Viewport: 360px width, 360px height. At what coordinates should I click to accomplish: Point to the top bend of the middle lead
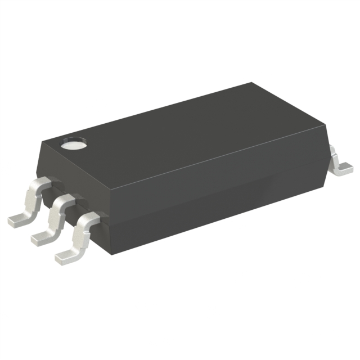tap(63, 200)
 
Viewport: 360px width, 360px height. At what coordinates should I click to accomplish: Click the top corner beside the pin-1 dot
tap(47, 141)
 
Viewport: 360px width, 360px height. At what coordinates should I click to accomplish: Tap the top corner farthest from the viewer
tap(250, 83)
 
